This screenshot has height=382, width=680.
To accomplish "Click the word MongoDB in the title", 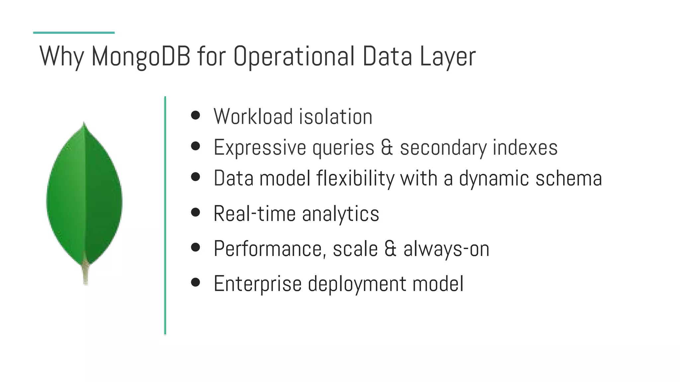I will [x=141, y=56].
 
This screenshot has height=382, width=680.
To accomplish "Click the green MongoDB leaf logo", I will [x=84, y=196].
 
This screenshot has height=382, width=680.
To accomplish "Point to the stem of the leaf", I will [x=86, y=274].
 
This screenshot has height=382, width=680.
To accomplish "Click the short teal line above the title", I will [x=74, y=32].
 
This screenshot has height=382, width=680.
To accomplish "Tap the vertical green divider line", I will [x=165, y=216].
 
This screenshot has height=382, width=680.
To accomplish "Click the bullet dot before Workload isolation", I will [x=196, y=115].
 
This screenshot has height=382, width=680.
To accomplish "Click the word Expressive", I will [x=260, y=147].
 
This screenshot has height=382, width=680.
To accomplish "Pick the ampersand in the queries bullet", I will [x=387, y=147].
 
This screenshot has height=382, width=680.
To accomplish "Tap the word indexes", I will [x=525, y=147].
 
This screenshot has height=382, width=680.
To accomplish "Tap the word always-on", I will [x=446, y=249].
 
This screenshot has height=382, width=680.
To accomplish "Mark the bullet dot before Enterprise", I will [x=196, y=282].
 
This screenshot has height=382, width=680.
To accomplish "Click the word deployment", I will [x=357, y=284].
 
